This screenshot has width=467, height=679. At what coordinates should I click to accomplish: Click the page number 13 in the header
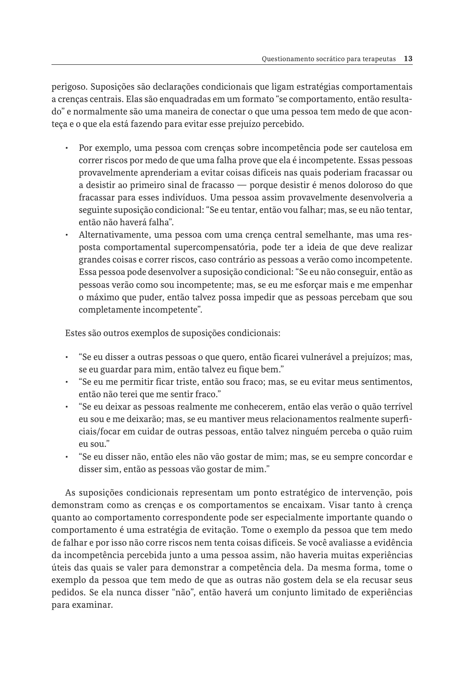click(x=408, y=59)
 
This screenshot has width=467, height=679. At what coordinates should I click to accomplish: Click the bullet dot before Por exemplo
click(x=67, y=148)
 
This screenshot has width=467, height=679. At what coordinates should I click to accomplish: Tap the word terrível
click(x=396, y=407)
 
